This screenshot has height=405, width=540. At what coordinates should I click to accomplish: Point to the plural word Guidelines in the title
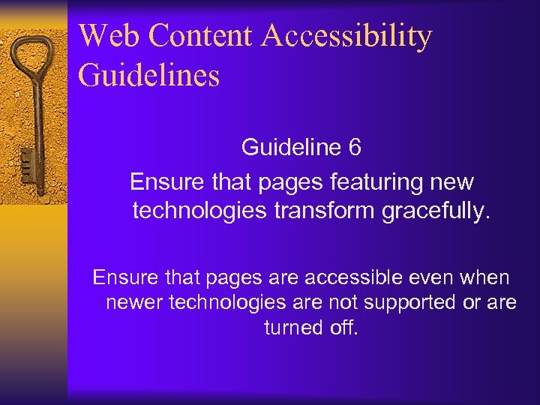pyautogui.click(x=148, y=76)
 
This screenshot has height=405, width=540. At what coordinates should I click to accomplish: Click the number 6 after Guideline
pyautogui.click(x=355, y=147)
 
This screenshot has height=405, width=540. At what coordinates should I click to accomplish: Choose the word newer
pyautogui.click(x=135, y=302)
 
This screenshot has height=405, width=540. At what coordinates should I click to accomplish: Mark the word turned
pyautogui.click(x=294, y=327)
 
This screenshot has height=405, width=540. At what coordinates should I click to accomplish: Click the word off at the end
pyautogui.click(x=346, y=327)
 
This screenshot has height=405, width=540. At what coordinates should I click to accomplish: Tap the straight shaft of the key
pyautogui.click(x=34, y=120)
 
